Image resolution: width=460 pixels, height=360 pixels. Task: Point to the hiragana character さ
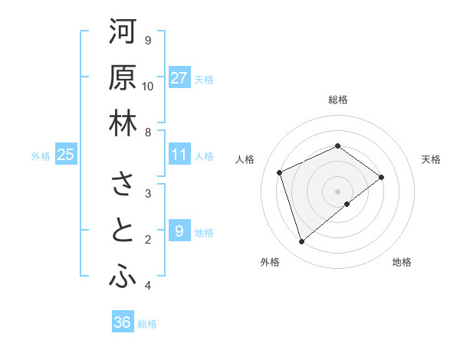pyautogui.click(x=123, y=185)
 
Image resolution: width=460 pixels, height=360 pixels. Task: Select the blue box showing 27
pyautogui.click(x=179, y=78)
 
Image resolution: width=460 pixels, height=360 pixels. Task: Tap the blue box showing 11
pyautogui.click(x=179, y=155)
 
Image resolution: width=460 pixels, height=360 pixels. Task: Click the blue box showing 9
pyautogui.click(x=179, y=231)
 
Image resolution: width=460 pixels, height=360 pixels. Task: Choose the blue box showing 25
pyautogui.click(x=66, y=155)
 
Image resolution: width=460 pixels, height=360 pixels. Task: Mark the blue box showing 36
pyautogui.click(x=123, y=322)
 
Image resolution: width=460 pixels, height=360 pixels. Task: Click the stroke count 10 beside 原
pyautogui.click(x=148, y=86)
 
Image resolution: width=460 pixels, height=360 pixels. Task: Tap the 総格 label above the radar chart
pyautogui.click(x=338, y=100)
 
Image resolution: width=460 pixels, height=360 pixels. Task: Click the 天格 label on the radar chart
pyautogui.click(x=431, y=159)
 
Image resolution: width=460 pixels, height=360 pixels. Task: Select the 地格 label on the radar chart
pyautogui.click(x=402, y=262)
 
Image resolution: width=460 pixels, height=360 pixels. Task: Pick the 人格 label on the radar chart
pyautogui.click(x=245, y=159)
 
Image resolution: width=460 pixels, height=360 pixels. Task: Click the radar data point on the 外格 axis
pyautogui.click(x=301, y=242)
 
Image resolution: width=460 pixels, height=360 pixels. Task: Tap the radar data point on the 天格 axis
pyautogui.click(x=381, y=177)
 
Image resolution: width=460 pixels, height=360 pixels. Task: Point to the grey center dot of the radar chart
pyautogui.click(x=338, y=191)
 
